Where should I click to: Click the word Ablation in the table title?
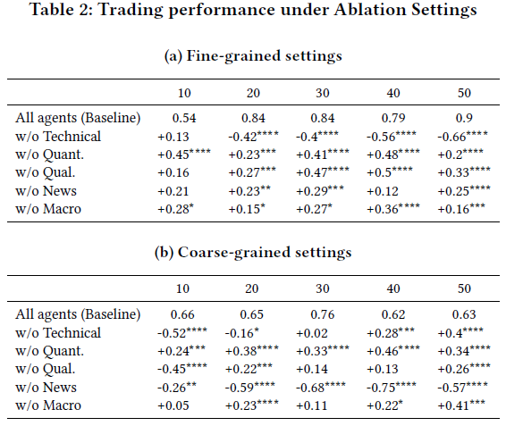pyautogui.click(x=370, y=9)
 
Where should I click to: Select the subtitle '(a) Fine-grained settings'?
pyautogui.click(x=253, y=55)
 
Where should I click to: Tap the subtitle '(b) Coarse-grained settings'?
pyautogui.click(x=253, y=252)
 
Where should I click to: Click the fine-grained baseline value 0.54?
pyautogui.click(x=184, y=118)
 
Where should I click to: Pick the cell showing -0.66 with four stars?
pyautogui.click(x=462, y=136)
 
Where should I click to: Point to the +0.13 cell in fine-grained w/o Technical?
pyautogui.click(x=173, y=137)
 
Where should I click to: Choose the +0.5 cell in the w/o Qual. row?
pyautogui.click(x=390, y=171)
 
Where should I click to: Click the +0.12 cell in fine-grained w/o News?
pyautogui.click(x=383, y=191)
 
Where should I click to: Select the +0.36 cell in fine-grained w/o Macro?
pyautogui.click(x=393, y=208)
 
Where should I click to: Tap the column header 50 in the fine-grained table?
pyautogui.click(x=464, y=93)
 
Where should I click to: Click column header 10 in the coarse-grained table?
pyautogui.click(x=182, y=288)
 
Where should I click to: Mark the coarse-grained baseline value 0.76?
pyautogui.click(x=323, y=314)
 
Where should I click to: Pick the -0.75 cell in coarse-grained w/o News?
pyautogui.click(x=391, y=387)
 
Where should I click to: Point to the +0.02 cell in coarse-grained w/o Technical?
pyautogui.click(x=312, y=333)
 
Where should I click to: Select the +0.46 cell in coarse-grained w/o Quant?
pyautogui.click(x=393, y=350)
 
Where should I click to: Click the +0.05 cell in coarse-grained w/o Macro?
pyautogui.click(x=173, y=405)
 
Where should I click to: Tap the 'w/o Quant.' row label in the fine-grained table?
pyautogui.click(x=49, y=155)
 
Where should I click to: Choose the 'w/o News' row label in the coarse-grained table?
pyautogui.click(x=46, y=387)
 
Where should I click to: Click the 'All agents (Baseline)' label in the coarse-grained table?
pyautogui.click(x=78, y=314)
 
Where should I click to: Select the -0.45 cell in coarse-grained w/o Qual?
pyautogui.click(x=182, y=368)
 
